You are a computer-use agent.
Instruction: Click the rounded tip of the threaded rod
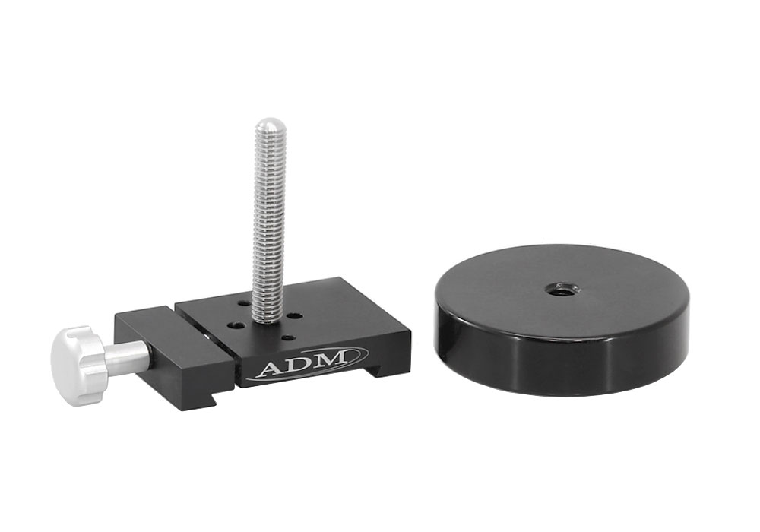pyautogui.click(x=270, y=126)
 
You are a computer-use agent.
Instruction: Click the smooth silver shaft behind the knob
pyautogui.click(x=128, y=358)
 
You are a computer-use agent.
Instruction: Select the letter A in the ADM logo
pyautogui.click(x=271, y=369)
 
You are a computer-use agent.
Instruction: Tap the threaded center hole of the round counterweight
pyautogui.click(x=562, y=289)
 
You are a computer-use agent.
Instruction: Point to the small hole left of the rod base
pyautogui.click(x=238, y=325)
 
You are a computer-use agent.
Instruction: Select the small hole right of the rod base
pyautogui.click(x=295, y=315)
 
